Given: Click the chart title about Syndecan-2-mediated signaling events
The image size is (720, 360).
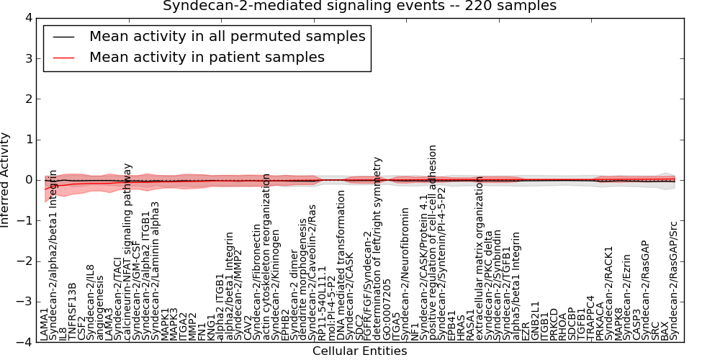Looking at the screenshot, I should [359, 6].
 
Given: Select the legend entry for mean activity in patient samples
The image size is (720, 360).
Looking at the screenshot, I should [207, 57].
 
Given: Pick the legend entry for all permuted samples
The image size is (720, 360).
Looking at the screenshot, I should [227, 36].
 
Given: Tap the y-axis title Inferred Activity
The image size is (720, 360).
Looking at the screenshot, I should [6, 180].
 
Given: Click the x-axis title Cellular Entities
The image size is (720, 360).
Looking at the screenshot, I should [359, 351].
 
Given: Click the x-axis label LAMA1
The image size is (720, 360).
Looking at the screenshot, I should [45, 325].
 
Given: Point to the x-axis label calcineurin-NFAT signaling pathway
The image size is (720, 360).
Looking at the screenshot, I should [128, 251].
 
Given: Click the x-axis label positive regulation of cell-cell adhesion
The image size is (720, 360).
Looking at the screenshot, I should [433, 242].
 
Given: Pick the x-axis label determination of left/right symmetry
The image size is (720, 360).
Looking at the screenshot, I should [377, 249].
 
